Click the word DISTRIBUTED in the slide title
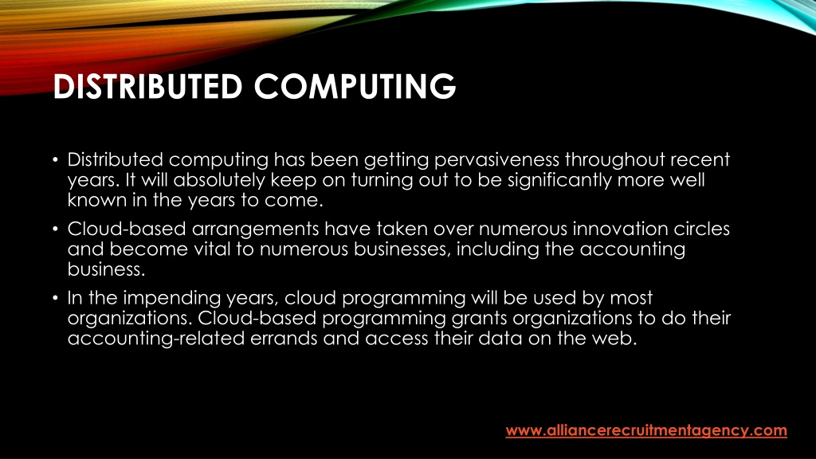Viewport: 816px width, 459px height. point(147,86)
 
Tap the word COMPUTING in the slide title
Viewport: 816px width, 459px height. point(355,86)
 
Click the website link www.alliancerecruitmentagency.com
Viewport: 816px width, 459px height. point(646,431)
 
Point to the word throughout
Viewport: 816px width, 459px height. point(615,159)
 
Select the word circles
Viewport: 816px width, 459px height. point(701,229)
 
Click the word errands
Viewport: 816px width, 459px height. point(284,339)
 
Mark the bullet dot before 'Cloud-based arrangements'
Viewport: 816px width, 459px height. point(55,229)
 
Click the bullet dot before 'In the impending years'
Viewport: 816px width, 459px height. point(55,298)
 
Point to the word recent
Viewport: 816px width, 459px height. point(700,159)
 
